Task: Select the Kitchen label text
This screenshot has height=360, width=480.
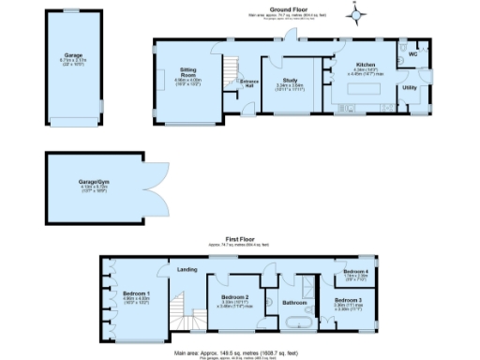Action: coord(365,65)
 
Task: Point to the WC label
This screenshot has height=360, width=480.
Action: coord(412,55)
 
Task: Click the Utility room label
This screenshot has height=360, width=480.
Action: coord(410,87)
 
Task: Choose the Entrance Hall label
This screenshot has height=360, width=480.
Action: coord(249,83)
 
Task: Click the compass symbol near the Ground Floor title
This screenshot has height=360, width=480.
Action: coord(354,13)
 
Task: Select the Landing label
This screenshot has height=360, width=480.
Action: coord(187,269)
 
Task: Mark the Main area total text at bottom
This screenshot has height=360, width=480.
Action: coord(240,353)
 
